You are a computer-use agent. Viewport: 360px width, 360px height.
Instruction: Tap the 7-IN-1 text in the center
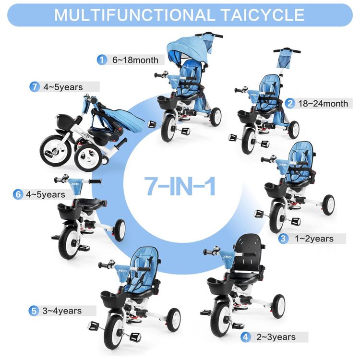(180, 186)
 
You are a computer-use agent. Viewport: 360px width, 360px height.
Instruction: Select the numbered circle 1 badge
(102, 60)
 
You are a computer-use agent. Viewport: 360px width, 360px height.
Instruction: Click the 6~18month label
(135, 60)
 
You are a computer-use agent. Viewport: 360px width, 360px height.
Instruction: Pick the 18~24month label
(323, 104)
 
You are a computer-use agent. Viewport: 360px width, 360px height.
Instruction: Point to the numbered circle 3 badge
(283, 239)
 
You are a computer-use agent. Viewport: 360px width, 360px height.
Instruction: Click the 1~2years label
(314, 239)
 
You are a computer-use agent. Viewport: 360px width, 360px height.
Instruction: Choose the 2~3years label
(276, 337)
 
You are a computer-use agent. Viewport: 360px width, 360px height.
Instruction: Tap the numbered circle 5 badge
(34, 311)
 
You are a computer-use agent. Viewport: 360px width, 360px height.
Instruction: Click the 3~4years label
(62, 311)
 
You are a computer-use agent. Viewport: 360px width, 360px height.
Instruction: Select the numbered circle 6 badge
(18, 194)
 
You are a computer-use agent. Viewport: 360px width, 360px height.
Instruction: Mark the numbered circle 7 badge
(35, 87)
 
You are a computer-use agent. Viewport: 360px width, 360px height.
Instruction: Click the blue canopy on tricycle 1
(187, 48)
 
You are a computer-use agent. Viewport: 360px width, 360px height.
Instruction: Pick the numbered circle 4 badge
(245, 337)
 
